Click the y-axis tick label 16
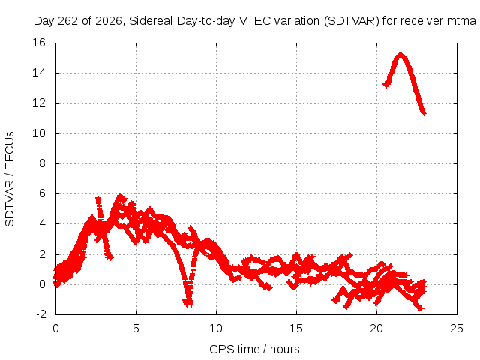39,43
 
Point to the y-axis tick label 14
39,73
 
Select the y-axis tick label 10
39,133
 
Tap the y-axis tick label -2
41,314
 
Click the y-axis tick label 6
42,193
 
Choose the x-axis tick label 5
136,328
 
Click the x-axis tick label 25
457,328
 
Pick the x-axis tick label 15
296,328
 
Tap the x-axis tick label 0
55,328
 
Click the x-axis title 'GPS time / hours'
254,349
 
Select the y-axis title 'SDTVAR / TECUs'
10,179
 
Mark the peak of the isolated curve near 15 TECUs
400,55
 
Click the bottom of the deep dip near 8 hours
188,304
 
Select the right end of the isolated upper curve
424,113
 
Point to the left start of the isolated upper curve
385,84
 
